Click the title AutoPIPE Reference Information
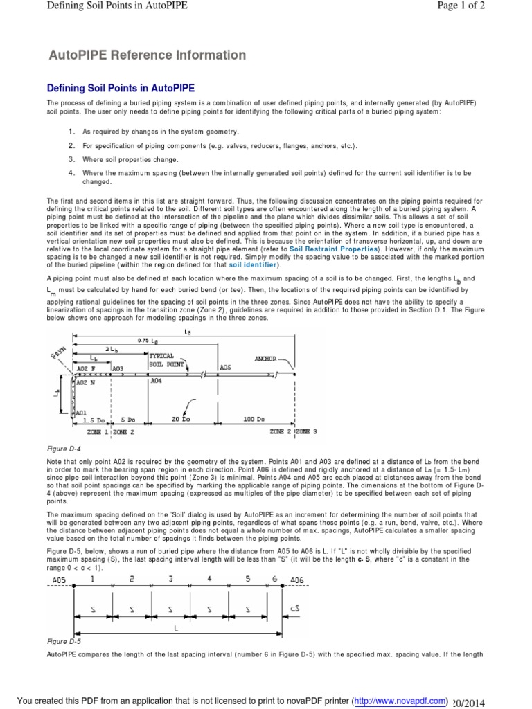coord(146,55)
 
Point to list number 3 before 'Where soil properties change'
coord(71,159)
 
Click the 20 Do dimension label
coord(181,420)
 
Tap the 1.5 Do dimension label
coord(93,420)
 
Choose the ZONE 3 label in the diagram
coord(306,431)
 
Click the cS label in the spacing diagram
coord(294,609)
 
